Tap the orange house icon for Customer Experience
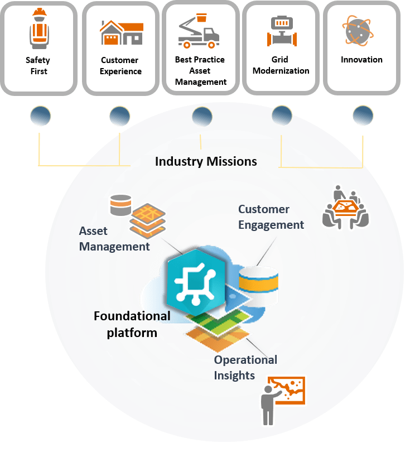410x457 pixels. [x=121, y=32]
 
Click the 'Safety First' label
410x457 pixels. [x=37, y=66]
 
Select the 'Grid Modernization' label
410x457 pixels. [x=281, y=65]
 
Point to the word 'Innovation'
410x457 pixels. [x=361, y=60]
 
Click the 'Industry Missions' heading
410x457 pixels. [x=206, y=161]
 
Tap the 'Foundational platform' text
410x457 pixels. [x=132, y=324]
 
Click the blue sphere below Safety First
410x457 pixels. [x=40, y=116]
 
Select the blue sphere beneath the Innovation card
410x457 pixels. [x=363, y=116]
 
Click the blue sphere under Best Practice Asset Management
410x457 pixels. [x=202, y=116]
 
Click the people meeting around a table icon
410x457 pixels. [x=346, y=206]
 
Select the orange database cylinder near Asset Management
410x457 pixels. [x=120, y=205]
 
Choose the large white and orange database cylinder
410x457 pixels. [x=258, y=285]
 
